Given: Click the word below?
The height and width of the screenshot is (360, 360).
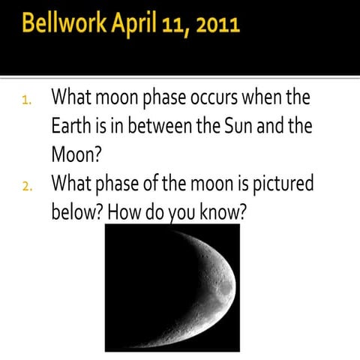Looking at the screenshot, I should coord(77,212).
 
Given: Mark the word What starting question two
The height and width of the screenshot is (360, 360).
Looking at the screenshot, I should coord(78,184).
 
